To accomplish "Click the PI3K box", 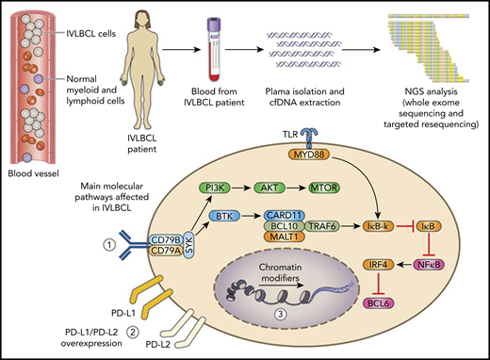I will click(x=220, y=188).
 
